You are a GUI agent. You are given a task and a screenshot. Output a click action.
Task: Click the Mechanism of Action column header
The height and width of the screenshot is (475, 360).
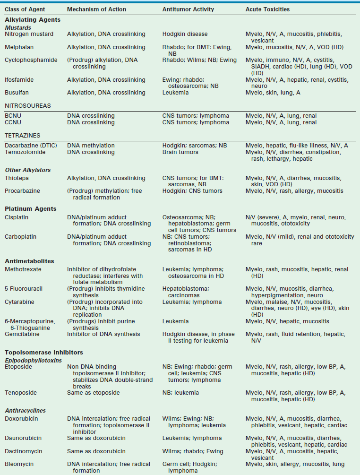click(95, 9)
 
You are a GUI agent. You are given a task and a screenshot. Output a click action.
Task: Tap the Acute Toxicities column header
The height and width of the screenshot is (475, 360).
click(267, 9)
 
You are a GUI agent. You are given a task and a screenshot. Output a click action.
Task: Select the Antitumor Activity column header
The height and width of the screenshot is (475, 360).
click(188, 9)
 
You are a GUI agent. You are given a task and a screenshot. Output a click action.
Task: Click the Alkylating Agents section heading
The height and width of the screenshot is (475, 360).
click(33, 20)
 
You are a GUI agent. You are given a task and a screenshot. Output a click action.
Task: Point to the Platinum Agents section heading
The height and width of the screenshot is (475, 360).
click(31, 208)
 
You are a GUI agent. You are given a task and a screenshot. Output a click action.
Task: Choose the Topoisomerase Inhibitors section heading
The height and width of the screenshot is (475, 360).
click(44, 352)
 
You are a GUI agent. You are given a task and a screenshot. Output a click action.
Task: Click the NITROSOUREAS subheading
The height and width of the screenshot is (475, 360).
click(28, 106)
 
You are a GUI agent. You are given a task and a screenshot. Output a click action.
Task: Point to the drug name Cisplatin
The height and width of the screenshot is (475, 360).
click(17, 217)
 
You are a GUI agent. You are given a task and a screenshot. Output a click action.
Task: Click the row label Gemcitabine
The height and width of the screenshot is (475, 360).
click(23, 334)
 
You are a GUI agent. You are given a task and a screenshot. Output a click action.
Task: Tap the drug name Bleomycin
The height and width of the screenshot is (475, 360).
click(19, 464)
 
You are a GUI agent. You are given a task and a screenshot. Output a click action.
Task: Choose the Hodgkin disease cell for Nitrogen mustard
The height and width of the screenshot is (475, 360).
click(185, 34)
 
